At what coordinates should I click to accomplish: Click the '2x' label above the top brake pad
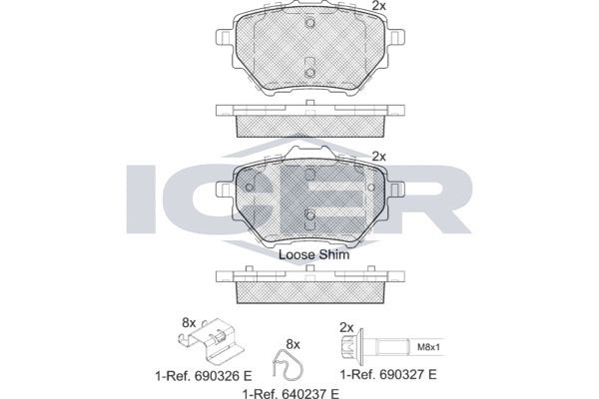pyautogui.click(x=378, y=7)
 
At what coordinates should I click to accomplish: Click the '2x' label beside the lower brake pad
pyautogui.click(x=378, y=156)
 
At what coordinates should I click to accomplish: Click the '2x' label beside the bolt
pyautogui.click(x=346, y=326)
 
